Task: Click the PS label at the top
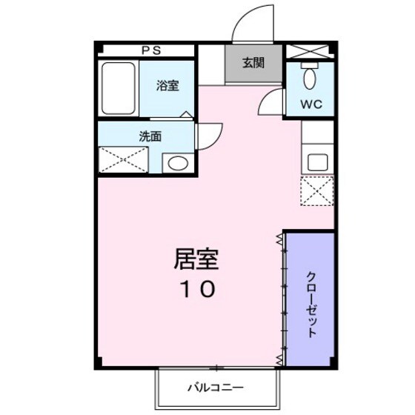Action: [x=152, y=50]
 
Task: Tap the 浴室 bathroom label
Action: [x=167, y=85]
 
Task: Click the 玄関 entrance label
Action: [x=253, y=64]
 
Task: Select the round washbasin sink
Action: [x=176, y=163]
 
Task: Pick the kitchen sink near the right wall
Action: [x=318, y=162]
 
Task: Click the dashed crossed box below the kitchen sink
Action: [x=317, y=191]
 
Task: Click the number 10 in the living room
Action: [x=196, y=288]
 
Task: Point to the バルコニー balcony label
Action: [x=216, y=387]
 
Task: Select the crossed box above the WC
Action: [x=309, y=52]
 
